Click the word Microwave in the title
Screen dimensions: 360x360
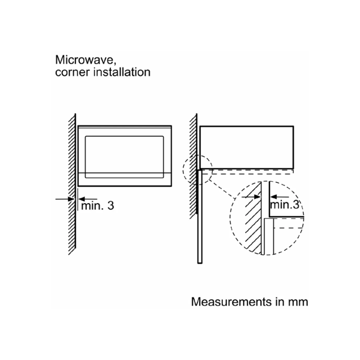click(84, 60)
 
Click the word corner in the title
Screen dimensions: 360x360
click(72, 73)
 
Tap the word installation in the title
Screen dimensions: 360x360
click(122, 72)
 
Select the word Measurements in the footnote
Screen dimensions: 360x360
click(231, 301)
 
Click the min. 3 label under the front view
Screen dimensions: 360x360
click(97, 205)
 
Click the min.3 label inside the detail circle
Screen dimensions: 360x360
click(285, 204)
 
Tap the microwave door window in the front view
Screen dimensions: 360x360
click(124, 157)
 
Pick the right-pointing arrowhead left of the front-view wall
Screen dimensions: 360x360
click(71, 199)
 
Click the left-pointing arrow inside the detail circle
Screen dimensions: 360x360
click(280, 197)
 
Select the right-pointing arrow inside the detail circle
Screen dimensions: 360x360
click(251, 197)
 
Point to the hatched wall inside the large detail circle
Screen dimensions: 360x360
click(253, 218)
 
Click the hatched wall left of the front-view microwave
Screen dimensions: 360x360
click(72, 184)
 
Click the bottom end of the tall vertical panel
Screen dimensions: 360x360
click(200, 263)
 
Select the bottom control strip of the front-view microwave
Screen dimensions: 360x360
click(124, 179)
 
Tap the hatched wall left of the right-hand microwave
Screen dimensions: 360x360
click(193, 166)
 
